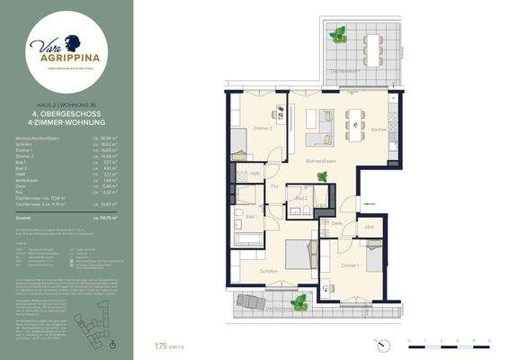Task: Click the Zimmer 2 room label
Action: point(263,129)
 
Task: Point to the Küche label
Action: point(380,130)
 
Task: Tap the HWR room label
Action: point(254,173)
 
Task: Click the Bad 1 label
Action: point(251,216)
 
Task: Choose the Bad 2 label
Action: point(303,198)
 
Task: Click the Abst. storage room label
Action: point(369,227)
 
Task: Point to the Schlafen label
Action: point(268,269)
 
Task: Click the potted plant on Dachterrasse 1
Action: point(338,35)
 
